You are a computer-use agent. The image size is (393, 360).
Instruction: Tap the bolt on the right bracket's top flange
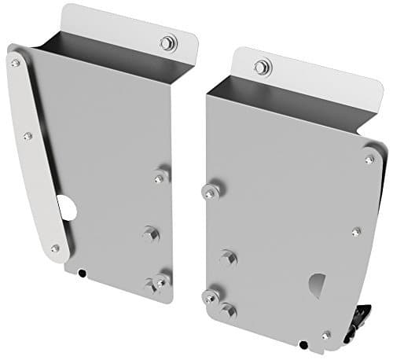click(259, 68)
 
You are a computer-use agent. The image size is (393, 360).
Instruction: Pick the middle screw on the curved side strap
click(28, 136)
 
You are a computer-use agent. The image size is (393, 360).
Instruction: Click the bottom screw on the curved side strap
click(53, 248)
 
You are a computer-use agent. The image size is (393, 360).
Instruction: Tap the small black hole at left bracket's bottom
click(82, 273)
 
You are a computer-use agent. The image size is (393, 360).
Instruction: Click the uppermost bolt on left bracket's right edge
click(162, 176)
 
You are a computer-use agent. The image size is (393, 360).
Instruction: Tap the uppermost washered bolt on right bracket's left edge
click(210, 190)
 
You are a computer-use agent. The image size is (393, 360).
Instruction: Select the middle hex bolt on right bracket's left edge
click(229, 256)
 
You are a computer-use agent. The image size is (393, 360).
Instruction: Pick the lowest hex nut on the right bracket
click(229, 310)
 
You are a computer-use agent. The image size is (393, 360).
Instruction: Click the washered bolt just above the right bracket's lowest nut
click(211, 296)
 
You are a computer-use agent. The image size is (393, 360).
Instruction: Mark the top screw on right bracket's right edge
click(369, 160)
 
